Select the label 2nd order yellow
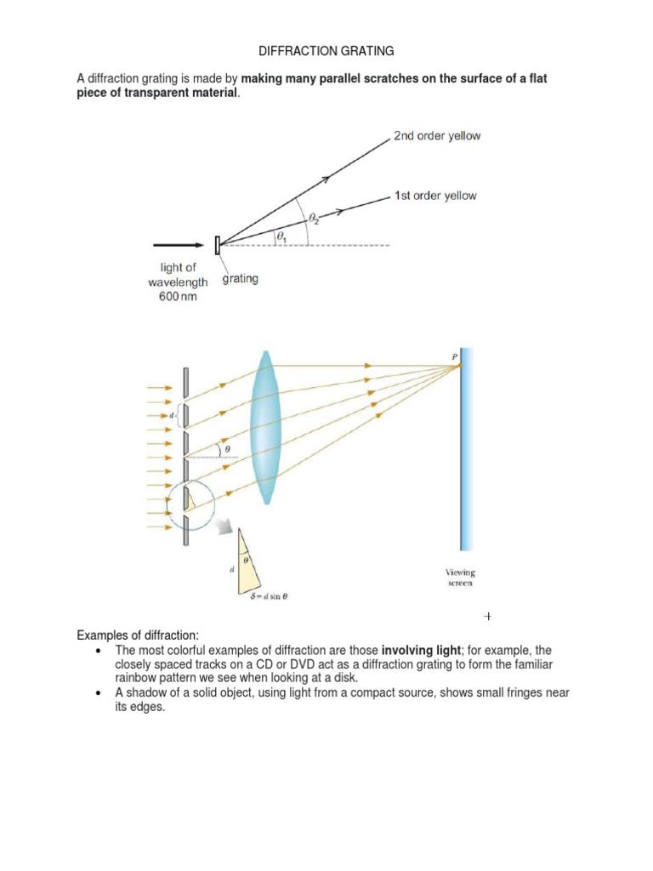pos(436,136)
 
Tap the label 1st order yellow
pos(434,196)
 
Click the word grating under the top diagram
pos(241,279)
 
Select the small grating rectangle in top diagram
pos(218,245)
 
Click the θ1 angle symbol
pos(280,236)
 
